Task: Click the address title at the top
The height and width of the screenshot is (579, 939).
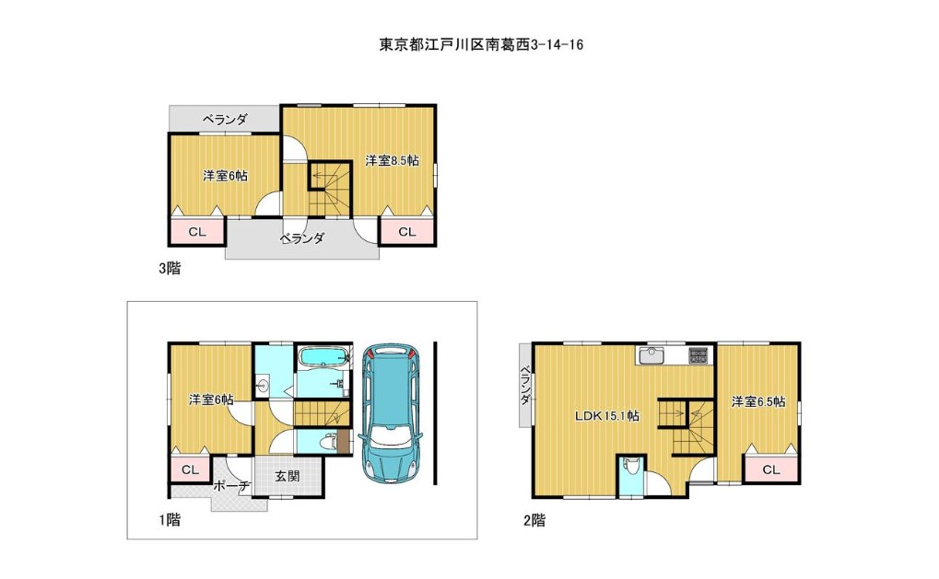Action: [x=481, y=45]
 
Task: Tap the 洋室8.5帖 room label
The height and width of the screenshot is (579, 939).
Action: [x=393, y=160]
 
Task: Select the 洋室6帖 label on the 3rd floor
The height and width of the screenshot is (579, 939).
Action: [x=225, y=176]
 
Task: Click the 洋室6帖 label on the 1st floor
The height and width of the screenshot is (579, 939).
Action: [x=211, y=399]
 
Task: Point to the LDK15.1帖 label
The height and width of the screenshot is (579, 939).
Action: [x=606, y=416]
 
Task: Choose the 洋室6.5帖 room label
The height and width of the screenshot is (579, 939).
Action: [x=758, y=402]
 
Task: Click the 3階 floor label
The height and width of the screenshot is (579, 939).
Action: [x=170, y=269]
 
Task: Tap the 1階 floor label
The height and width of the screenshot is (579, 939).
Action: [x=170, y=520]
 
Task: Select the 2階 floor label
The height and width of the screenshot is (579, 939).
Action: [x=534, y=520]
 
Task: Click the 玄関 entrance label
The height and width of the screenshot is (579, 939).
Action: [x=288, y=476]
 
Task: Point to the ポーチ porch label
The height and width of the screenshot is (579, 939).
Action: [x=232, y=486]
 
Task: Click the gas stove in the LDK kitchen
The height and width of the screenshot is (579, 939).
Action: [x=698, y=356]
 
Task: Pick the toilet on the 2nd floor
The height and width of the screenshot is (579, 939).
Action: [x=629, y=467]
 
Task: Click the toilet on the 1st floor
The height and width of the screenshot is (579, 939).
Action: [x=327, y=443]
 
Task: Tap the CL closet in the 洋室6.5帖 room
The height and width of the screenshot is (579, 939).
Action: [x=771, y=469]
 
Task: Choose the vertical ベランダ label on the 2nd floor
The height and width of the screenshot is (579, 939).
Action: [x=524, y=385]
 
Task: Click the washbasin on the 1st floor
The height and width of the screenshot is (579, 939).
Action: [x=263, y=387]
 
